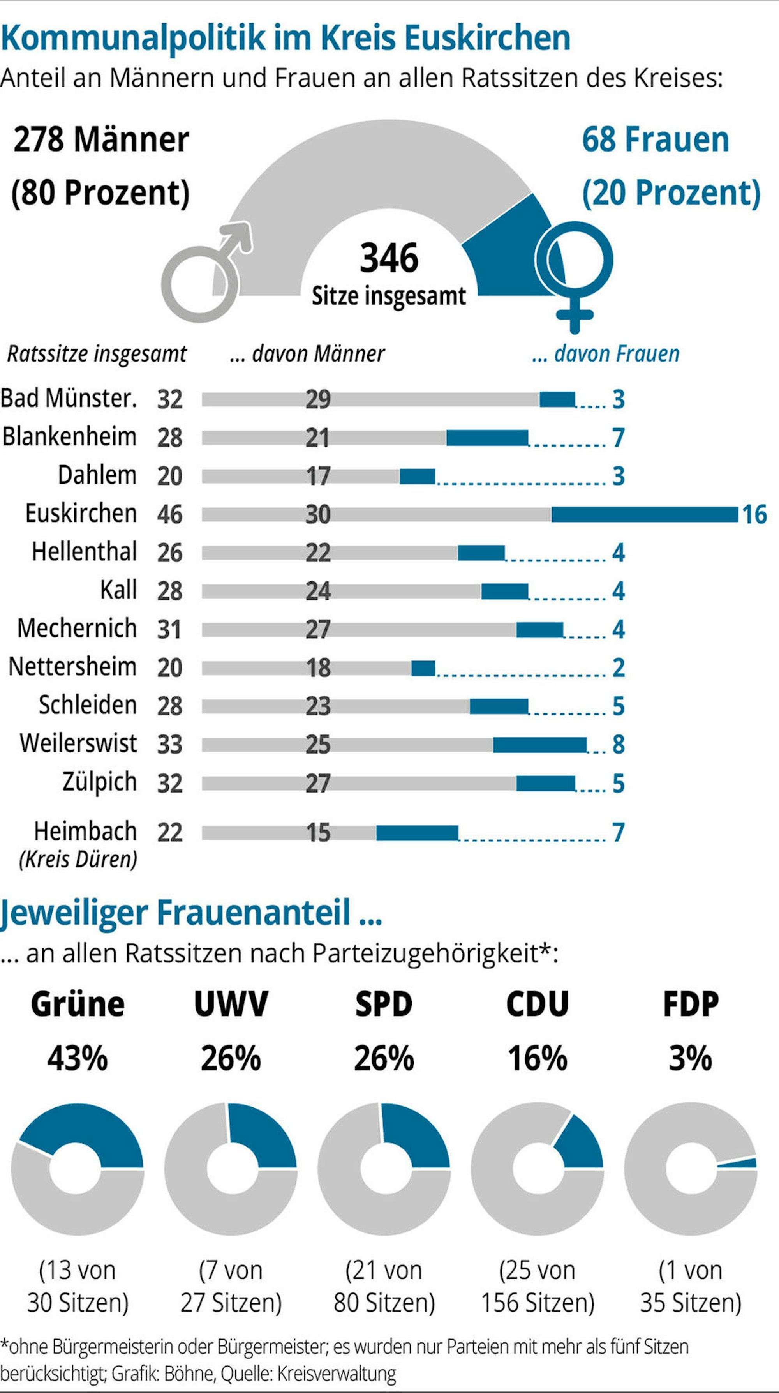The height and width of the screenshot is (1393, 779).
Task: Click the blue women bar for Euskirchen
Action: point(644,514)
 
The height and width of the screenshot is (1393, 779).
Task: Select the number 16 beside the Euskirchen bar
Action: point(754,514)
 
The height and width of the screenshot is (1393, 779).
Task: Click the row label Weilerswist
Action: point(78,743)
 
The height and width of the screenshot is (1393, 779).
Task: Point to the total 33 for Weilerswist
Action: point(170,745)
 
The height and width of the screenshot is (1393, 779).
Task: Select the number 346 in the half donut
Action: point(389,258)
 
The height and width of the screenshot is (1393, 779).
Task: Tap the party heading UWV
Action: point(231,1004)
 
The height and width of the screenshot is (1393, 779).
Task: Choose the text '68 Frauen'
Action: point(655,139)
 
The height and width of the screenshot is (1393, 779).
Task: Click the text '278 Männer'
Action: point(101,139)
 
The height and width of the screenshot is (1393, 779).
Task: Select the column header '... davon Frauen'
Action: point(605,354)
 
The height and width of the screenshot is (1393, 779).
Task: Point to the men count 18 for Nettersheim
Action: point(318,668)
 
